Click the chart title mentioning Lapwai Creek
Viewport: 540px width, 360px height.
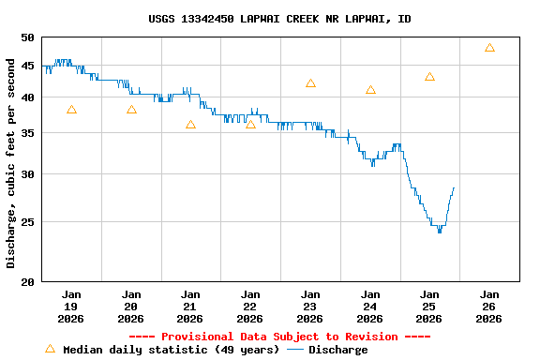click(279, 19)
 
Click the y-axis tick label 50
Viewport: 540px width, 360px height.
click(26, 37)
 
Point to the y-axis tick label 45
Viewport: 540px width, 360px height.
click(26, 66)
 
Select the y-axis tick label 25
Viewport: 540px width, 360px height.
click(26, 222)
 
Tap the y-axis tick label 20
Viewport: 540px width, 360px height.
click(26, 281)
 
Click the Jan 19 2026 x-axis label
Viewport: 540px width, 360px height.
click(71, 307)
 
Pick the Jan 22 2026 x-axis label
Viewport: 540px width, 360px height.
click(249, 307)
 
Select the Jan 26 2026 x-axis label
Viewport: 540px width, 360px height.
click(488, 307)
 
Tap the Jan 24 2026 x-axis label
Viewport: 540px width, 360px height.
click(369, 307)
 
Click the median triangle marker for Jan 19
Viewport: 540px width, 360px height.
click(71, 110)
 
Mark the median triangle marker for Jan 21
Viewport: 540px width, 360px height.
click(190, 125)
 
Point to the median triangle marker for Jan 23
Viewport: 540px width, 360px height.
click(310, 83)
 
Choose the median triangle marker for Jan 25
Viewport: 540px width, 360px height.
click(429, 77)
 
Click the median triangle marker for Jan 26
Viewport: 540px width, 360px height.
click(489, 48)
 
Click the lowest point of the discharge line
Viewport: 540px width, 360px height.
click(440, 231)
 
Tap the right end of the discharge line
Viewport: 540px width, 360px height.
click(454, 187)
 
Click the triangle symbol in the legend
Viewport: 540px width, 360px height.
click(50, 349)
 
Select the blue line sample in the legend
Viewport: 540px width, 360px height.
click(295, 350)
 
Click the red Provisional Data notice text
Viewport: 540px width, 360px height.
click(279, 337)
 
